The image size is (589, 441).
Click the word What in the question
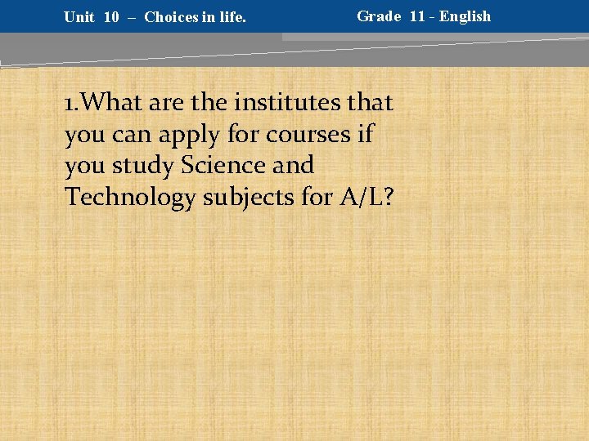(110, 103)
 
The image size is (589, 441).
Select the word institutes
(290, 103)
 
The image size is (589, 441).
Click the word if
(365, 134)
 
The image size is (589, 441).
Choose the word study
(144, 166)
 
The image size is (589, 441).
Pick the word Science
(223, 165)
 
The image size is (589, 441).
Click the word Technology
(130, 198)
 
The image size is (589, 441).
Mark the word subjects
(250, 198)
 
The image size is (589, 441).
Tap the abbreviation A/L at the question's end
(355, 197)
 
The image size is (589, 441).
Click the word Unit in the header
(79, 17)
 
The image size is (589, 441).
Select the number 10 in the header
(111, 17)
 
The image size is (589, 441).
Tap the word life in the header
(230, 17)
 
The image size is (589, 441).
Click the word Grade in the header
(379, 16)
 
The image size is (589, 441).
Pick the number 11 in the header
(418, 16)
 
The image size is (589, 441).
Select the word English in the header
(465, 16)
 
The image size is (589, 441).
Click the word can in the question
(124, 135)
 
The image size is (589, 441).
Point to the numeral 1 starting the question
(70, 104)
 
